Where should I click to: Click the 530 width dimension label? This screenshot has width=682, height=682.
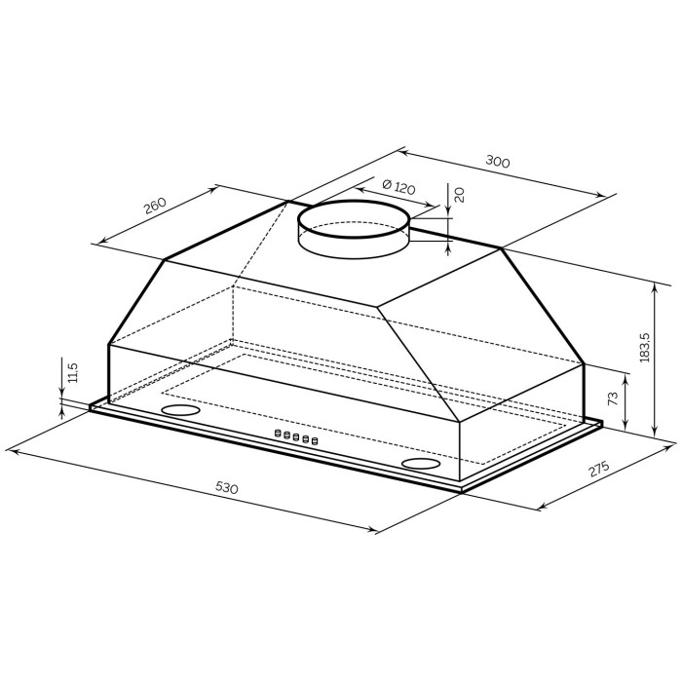point(227,488)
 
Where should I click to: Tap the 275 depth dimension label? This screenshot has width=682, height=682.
point(598,470)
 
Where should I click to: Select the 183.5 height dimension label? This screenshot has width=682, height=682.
point(645,348)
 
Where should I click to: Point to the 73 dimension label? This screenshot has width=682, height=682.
point(612,398)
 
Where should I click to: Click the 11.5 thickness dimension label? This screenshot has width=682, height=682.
point(73,372)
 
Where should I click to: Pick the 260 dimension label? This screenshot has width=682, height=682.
point(155,206)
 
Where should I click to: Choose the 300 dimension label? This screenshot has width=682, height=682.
point(497,162)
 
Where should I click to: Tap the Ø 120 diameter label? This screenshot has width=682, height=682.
point(398,187)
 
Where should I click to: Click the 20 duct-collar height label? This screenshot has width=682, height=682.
point(459,195)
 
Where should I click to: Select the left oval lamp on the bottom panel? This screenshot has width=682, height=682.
point(180,410)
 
